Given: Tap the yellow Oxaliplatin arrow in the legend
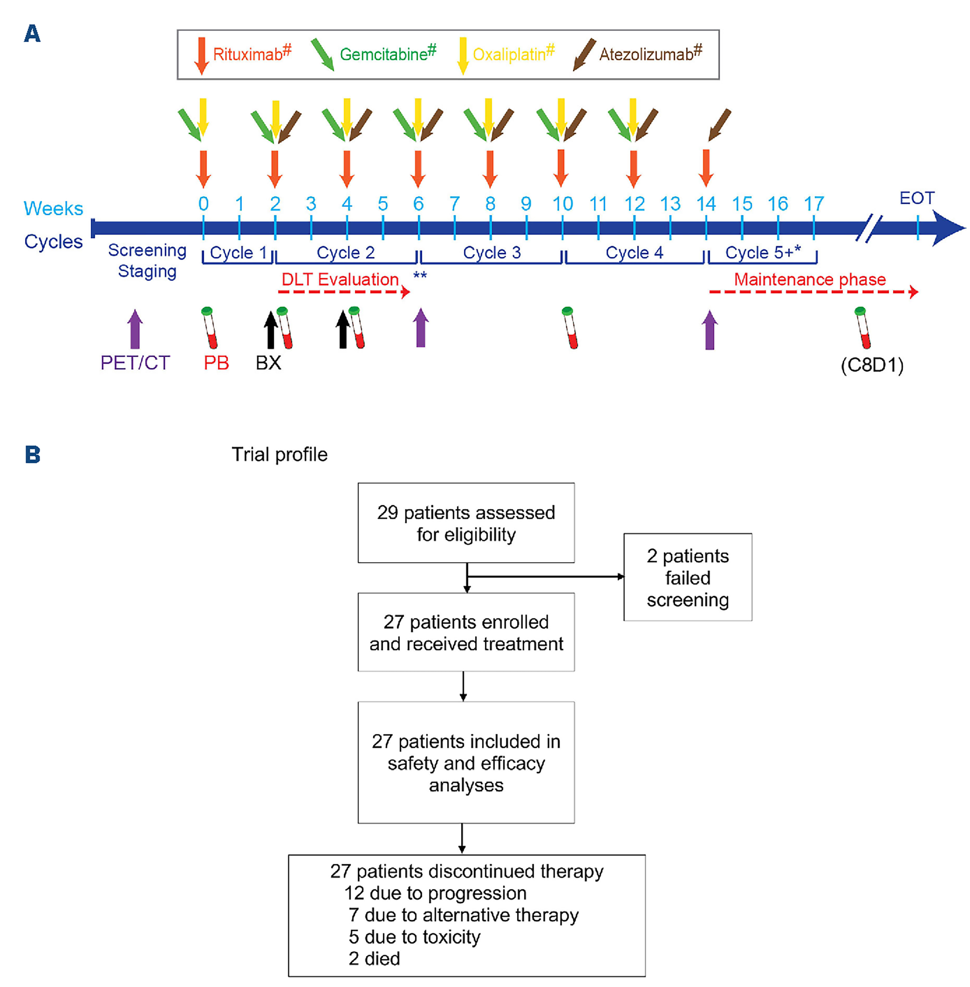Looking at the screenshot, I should [462, 55].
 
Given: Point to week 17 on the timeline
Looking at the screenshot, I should [814, 204].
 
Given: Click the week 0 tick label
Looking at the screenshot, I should [203, 204].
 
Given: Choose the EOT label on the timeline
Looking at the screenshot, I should [917, 198].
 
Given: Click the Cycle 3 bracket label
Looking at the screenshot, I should [492, 252].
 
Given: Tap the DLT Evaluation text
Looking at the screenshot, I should [340, 279].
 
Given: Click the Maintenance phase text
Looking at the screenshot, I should [809, 279].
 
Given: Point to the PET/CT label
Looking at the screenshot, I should [135, 363].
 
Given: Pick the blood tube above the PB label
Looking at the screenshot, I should [209, 328].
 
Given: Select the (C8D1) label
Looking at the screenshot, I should [872, 365].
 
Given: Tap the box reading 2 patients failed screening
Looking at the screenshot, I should [687, 577].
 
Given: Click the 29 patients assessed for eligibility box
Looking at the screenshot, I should [466, 523].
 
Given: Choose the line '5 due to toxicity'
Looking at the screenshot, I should [414, 937].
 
